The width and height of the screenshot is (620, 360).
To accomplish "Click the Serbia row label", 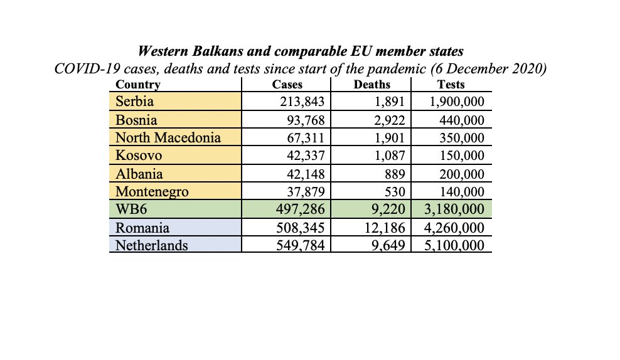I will tap(134, 101).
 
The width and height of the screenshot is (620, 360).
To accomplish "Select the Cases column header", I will tap(287, 85).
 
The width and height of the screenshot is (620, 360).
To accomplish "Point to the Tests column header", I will tap(451, 85).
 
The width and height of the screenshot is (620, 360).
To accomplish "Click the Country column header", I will tap(138, 85).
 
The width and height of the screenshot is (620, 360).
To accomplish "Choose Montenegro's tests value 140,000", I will tap(457, 192).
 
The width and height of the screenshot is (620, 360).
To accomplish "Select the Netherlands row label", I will tap(151, 245).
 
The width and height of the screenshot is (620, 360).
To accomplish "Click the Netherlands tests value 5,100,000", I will tap(451, 245).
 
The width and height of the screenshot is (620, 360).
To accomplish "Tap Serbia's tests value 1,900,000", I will tap(451, 101).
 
